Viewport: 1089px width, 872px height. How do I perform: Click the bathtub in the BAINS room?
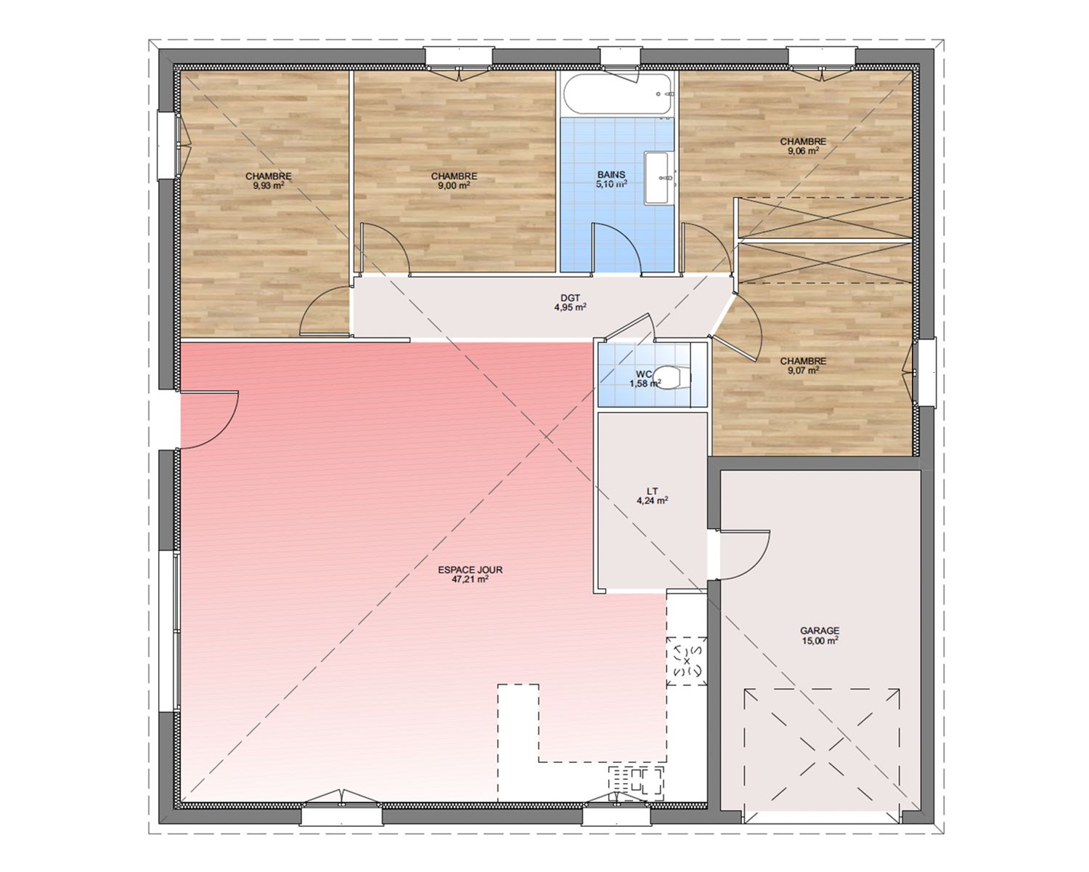coord(617,94)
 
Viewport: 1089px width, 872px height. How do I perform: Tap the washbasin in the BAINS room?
coord(656,178)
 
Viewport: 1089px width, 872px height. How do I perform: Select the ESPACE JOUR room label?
coord(470,570)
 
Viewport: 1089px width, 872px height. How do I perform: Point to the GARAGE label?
coord(820,631)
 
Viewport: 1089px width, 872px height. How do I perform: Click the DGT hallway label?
coord(571,298)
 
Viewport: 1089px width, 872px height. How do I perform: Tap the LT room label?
coord(652,491)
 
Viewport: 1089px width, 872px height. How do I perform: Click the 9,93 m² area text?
coord(268,185)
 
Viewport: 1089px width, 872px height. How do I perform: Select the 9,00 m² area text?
coord(454,185)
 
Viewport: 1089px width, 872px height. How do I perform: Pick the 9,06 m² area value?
coord(803,151)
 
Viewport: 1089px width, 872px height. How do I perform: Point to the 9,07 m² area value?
coord(803,371)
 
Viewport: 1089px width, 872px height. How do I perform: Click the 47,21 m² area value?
coord(470,579)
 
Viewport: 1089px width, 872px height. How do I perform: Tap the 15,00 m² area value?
coord(820,640)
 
